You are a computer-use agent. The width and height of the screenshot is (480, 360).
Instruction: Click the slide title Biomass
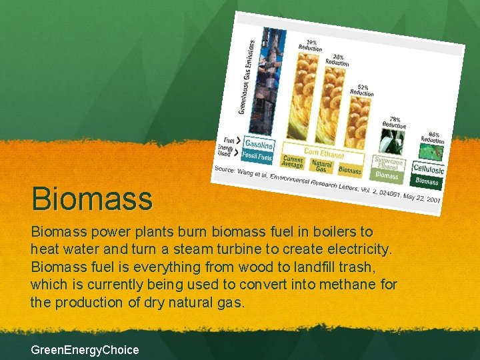[92, 199]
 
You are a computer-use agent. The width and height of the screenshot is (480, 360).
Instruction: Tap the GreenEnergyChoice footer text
[85, 349]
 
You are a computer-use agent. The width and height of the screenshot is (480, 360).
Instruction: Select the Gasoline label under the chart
[258, 144]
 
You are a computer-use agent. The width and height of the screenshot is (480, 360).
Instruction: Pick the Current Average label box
[293, 162]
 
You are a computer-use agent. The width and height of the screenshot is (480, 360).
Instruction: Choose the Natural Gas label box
[323, 166]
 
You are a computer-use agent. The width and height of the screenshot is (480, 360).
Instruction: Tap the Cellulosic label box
[428, 169]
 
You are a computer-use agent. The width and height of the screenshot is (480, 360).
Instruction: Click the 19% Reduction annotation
[311, 45]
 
